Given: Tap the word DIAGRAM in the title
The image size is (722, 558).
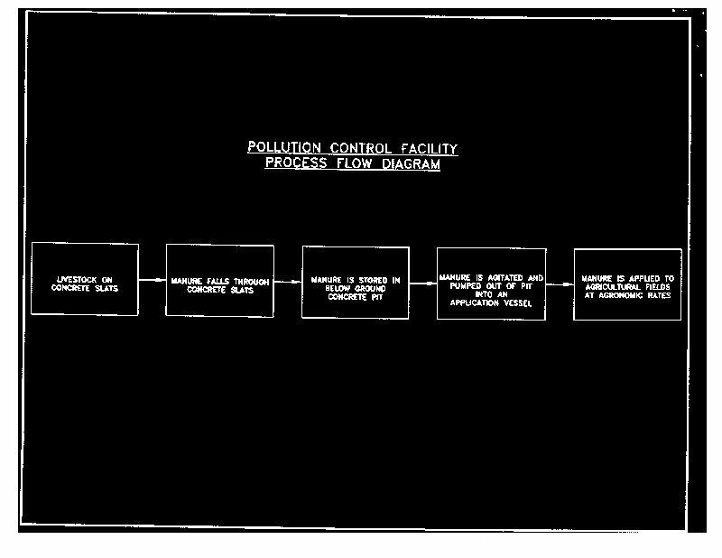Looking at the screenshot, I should (x=408, y=164).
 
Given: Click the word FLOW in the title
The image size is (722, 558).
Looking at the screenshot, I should (x=358, y=164).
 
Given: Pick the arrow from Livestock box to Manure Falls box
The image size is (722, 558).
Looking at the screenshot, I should (x=152, y=280).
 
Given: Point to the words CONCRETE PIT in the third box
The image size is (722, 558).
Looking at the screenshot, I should (x=355, y=296).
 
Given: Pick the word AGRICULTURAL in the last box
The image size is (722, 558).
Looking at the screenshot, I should (x=614, y=287).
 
